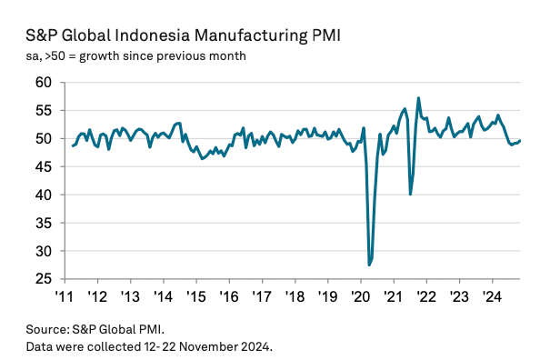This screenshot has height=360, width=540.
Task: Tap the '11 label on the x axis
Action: pos(65,295)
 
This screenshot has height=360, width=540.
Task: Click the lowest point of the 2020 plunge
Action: pos(369,265)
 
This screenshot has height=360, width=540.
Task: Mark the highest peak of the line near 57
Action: pos(418,98)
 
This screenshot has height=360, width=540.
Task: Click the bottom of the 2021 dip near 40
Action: pos(411,194)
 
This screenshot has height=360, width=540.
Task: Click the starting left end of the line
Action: pos(73,145)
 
